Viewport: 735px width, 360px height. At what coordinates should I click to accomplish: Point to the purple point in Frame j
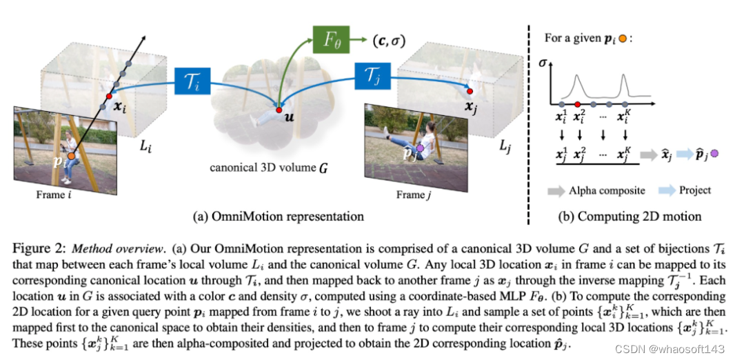click(x=418, y=148)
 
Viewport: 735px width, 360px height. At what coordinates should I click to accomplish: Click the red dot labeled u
click(x=277, y=110)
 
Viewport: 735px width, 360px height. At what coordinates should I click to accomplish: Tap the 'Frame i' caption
click(x=54, y=195)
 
